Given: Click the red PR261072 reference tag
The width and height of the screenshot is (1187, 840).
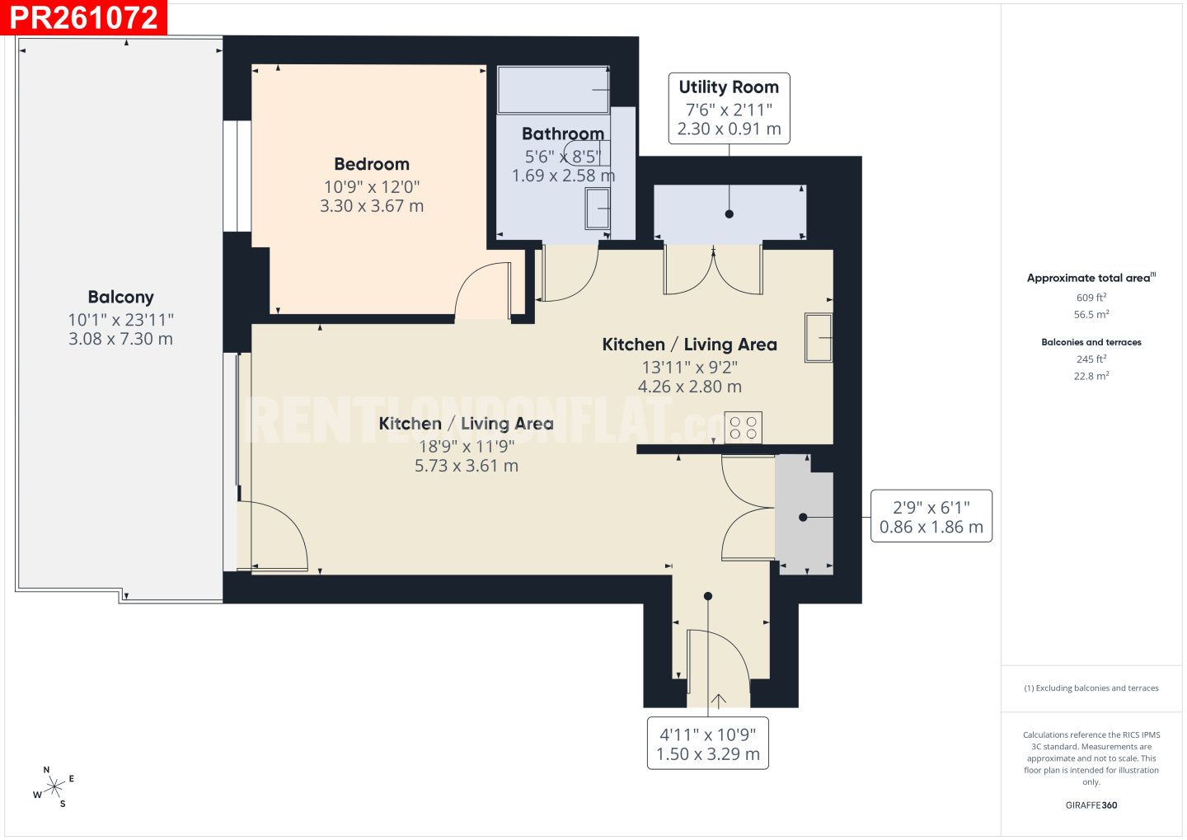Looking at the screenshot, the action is tap(84, 17).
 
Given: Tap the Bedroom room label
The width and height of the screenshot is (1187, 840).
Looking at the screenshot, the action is tap(372, 164).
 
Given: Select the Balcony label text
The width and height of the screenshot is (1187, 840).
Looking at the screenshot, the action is tap(121, 298).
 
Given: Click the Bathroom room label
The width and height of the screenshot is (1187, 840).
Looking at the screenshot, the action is tap(563, 134).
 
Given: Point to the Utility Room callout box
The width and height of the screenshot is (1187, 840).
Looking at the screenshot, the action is tap(730, 109).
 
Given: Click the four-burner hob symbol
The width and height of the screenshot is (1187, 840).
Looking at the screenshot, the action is tap(744, 428).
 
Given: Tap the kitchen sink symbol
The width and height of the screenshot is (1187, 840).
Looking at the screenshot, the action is tap(819, 338).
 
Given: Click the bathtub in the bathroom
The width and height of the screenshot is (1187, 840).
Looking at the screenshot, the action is tap(553, 90).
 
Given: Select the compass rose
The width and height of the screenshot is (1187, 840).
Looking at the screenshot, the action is tap(54, 787).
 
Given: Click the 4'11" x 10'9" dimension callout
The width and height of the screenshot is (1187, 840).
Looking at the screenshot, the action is tap(708, 744).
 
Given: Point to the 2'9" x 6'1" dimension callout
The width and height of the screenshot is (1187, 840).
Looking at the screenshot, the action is tap(931, 516).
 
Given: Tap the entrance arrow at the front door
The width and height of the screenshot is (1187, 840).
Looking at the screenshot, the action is tap(719, 701).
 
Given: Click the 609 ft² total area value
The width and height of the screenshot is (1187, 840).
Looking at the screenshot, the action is tap(1091, 298).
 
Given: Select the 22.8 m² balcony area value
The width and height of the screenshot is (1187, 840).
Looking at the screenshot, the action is tap(1091, 376).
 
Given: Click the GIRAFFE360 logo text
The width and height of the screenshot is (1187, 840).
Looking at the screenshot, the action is tap(1091, 805).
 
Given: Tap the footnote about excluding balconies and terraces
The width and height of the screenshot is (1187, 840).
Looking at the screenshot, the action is tap(1091, 687).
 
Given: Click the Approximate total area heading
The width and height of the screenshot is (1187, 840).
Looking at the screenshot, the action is tap(1091, 278).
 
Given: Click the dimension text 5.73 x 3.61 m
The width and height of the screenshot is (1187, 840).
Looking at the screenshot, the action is tap(467, 466).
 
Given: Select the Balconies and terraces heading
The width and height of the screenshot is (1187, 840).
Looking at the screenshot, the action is tap(1091, 342).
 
